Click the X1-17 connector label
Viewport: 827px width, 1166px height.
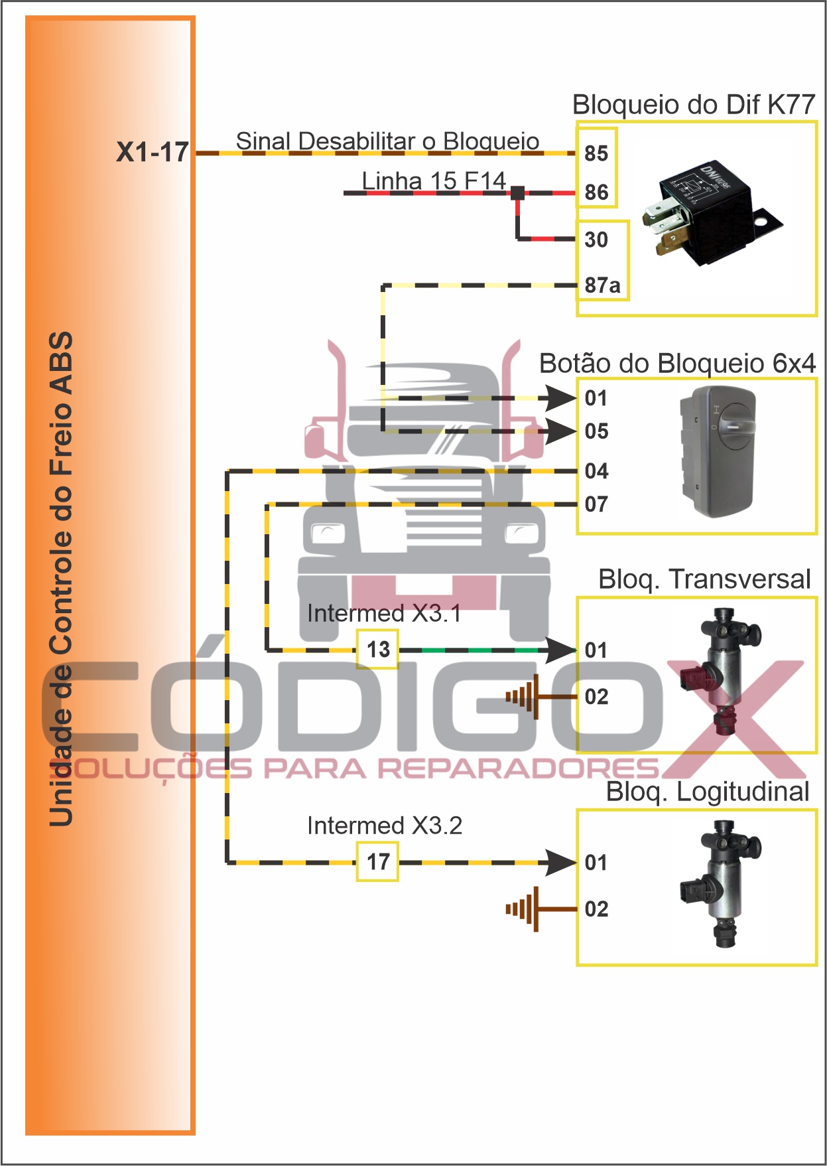(x=153, y=152)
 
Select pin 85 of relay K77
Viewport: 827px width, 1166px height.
(x=596, y=153)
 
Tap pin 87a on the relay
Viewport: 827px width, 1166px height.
(x=602, y=285)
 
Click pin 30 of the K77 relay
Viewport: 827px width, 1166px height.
(x=596, y=240)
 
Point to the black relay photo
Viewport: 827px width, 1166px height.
(x=709, y=212)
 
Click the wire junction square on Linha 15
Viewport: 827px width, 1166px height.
(x=517, y=193)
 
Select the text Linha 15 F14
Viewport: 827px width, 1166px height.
(x=434, y=181)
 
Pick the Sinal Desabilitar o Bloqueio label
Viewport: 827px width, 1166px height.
(x=387, y=141)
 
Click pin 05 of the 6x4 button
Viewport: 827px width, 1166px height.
(x=596, y=431)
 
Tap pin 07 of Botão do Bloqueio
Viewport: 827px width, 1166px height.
(x=596, y=504)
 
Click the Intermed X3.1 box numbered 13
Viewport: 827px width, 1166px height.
(x=378, y=649)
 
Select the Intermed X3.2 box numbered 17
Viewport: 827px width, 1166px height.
(x=378, y=861)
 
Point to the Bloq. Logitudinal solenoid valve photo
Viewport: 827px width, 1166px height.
(x=720, y=883)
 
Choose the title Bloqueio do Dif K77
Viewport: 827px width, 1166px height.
(x=693, y=105)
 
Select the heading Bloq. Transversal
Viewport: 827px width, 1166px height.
(x=704, y=579)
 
